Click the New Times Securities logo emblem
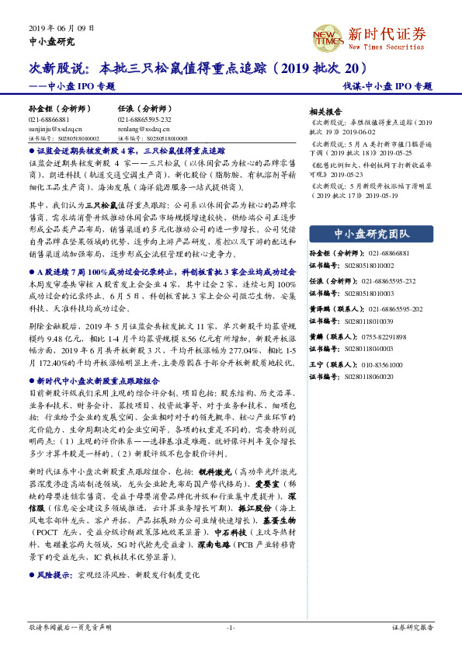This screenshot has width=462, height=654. [328, 36]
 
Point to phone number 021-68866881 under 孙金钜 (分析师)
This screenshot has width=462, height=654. [47, 120]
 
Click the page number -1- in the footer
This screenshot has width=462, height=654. [231, 627]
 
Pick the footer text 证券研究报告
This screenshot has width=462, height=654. [412, 627]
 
